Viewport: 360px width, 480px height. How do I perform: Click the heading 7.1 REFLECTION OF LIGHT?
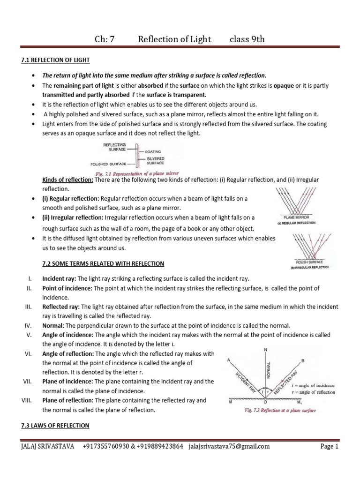click(x=55, y=60)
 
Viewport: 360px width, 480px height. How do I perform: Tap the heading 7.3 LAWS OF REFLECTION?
click(x=55, y=425)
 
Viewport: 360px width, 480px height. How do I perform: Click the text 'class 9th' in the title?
click(x=247, y=39)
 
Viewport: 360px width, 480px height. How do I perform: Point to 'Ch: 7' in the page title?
click(x=104, y=39)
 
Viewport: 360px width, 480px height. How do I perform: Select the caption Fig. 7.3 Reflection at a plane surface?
click(x=275, y=411)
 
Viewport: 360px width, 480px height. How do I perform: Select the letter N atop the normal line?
click(x=266, y=350)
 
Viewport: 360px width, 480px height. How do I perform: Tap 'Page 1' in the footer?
click(x=329, y=447)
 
